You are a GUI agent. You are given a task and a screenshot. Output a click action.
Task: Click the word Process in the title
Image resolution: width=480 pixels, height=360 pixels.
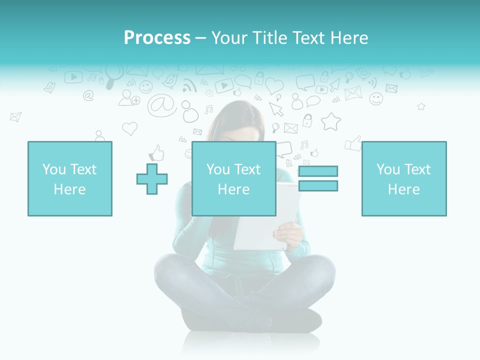coord(157,38)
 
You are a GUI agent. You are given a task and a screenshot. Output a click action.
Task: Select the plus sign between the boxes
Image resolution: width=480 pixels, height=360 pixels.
coord(152,178)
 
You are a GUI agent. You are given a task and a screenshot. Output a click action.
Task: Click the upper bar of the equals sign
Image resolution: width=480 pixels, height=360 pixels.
coord(318,171)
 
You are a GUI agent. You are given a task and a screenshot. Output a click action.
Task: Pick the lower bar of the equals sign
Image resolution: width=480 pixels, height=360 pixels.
coord(318,186)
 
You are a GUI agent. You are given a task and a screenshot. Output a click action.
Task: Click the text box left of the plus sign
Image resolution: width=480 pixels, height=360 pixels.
coord(70,178)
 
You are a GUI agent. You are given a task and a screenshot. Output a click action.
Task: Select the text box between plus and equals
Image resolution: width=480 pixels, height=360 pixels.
coord(233,178)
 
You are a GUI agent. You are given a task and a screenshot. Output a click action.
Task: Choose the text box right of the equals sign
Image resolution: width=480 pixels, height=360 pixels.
coord(403,178)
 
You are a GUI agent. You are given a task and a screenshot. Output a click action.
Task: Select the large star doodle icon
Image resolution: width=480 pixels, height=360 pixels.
coord(330,121)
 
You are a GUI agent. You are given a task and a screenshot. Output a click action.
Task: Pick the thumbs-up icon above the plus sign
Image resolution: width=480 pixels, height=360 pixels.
coord(157,152)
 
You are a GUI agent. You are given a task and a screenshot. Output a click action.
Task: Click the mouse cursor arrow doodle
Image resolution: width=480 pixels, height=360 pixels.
coord(275,108)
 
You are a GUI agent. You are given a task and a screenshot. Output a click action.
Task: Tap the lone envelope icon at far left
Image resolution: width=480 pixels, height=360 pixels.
coord(15,117)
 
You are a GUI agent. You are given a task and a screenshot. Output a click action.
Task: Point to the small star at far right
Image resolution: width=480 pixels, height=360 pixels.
coord(421,106)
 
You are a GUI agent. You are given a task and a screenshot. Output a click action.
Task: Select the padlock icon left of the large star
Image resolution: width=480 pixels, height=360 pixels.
coord(307,120)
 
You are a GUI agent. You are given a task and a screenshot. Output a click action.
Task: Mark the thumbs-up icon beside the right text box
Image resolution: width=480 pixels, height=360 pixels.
coord(353,143)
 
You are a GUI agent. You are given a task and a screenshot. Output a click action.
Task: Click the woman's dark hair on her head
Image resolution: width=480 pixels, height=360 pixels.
coord(240,120)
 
